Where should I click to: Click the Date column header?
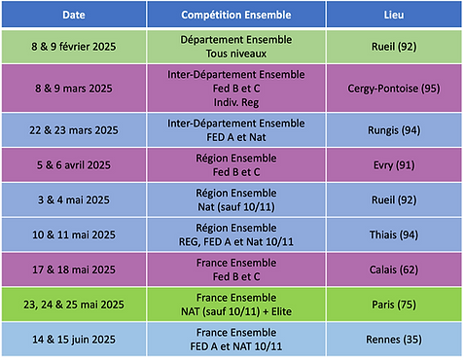pos(74,16)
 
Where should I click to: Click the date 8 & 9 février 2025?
pos(74,46)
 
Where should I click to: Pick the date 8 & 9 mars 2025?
pos(74,87)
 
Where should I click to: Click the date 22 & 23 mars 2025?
pos(74,128)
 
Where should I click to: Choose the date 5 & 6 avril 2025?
pos(74,164)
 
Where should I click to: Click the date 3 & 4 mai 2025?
pos(74,199)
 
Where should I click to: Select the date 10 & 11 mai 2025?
pos(74,234)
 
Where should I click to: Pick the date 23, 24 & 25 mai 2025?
pos(74,304)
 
